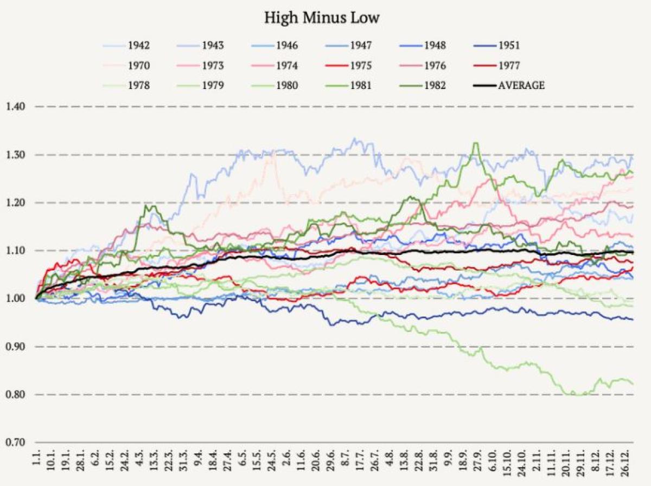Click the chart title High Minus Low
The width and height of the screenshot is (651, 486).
(322, 17)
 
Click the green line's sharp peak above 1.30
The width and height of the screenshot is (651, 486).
(476, 143)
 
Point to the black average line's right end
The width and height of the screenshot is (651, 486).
(633, 252)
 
